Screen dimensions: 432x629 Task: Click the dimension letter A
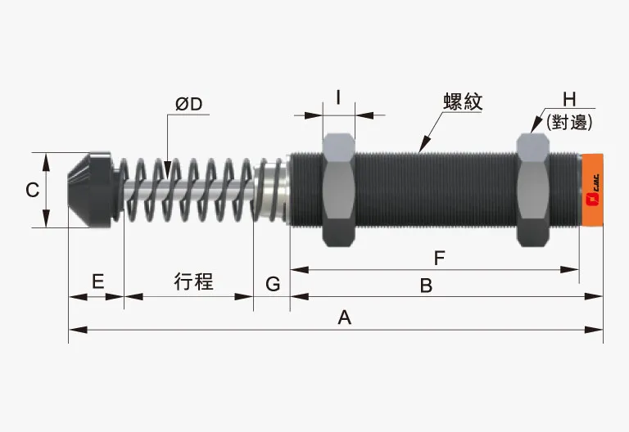(344, 317)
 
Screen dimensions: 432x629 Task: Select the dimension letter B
(426, 285)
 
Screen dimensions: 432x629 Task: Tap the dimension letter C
(32, 191)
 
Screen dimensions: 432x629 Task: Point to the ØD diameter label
(189, 104)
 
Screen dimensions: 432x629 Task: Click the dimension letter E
(97, 282)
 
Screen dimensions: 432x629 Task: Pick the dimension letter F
(439, 258)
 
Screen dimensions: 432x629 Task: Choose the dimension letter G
(273, 284)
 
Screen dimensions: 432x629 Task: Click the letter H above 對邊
(569, 100)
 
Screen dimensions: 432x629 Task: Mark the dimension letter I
(338, 98)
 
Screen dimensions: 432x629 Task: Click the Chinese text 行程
(194, 281)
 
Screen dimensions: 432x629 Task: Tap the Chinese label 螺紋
(463, 101)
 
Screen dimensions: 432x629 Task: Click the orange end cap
(591, 189)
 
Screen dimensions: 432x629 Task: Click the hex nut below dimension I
(339, 190)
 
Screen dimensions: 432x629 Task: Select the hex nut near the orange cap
(533, 190)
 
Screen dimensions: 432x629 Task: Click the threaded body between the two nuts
(434, 190)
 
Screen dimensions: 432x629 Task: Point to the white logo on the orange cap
(591, 196)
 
